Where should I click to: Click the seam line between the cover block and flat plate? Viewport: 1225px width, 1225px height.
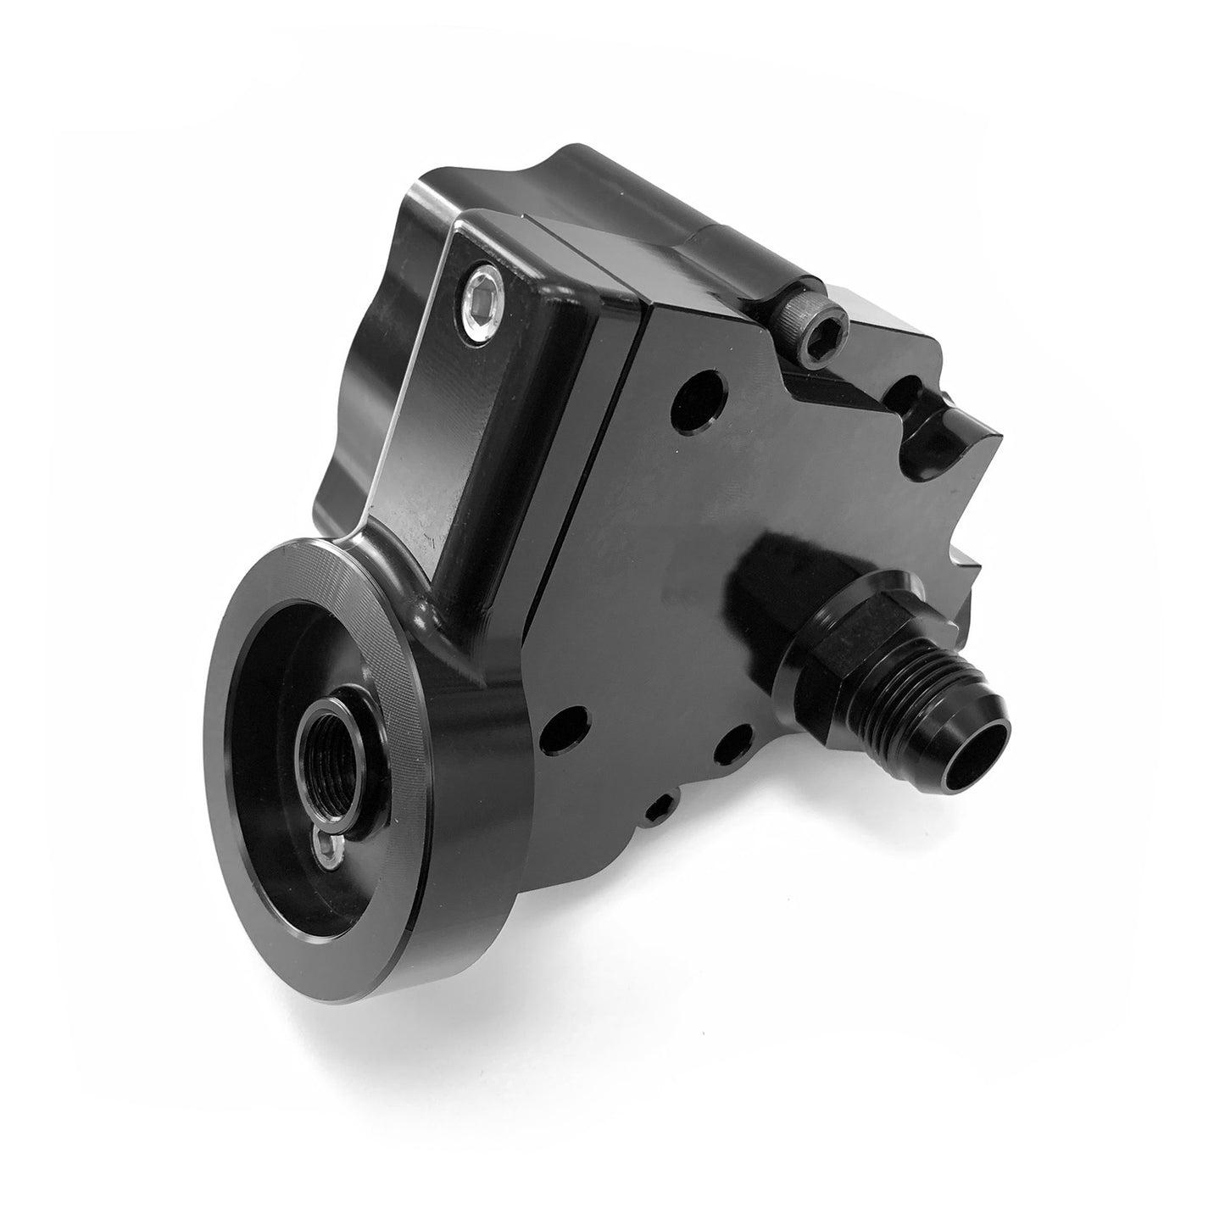585,475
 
